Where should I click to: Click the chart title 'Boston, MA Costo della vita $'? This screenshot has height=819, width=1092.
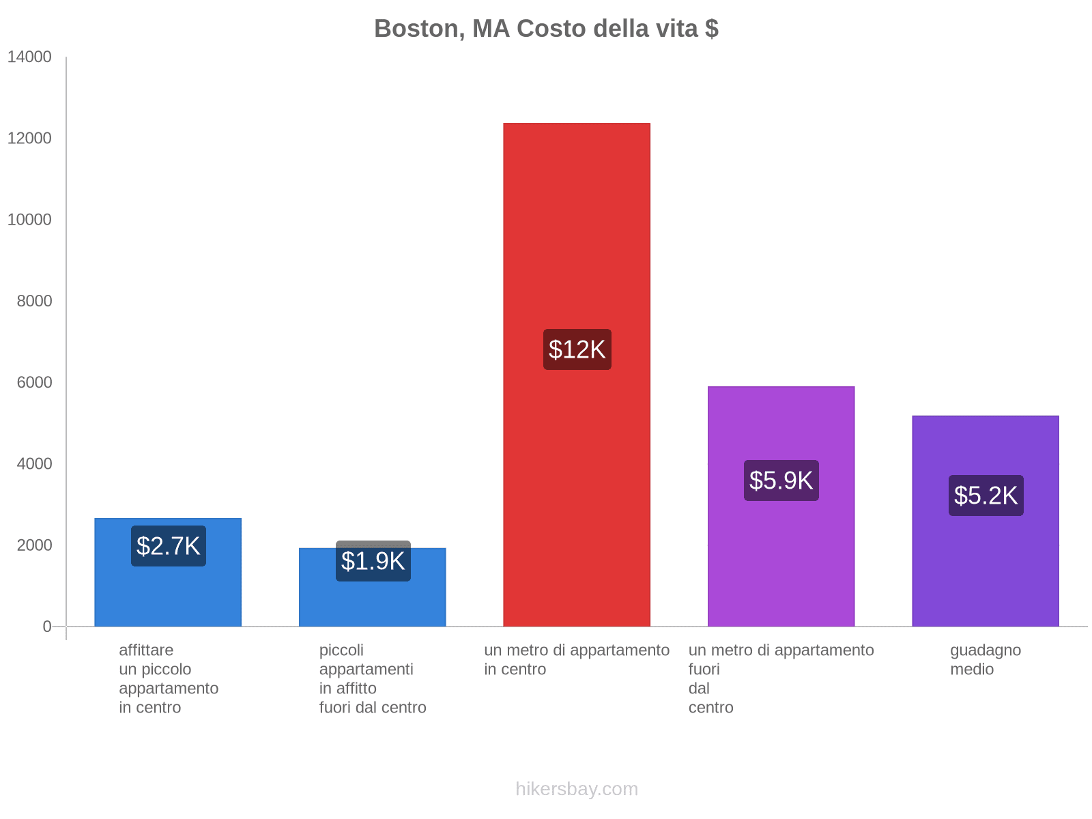point(546,29)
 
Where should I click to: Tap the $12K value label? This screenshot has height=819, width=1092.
point(577,349)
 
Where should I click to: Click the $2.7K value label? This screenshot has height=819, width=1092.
point(169,546)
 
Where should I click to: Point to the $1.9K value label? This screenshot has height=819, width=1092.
point(373,561)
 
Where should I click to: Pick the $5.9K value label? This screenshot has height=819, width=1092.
point(781,480)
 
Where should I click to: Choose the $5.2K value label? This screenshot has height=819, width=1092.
point(986,495)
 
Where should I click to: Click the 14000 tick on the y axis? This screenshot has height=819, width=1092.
point(29,57)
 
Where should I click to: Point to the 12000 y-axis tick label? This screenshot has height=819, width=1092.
point(29,139)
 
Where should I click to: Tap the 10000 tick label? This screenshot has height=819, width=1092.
point(29,220)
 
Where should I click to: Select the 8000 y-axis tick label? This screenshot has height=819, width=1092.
point(34,301)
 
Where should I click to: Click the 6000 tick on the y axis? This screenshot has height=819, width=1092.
point(34,382)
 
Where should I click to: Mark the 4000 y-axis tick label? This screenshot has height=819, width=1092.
point(34,464)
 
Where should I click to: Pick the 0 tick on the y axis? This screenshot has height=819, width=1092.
point(47,627)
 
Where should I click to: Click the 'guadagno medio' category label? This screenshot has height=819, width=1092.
point(986,659)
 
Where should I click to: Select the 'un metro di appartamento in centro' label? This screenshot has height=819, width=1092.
point(577,659)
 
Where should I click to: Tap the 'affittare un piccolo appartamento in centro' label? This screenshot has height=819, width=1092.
point(169,678)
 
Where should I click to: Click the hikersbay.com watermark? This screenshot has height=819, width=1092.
point(577,789)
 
